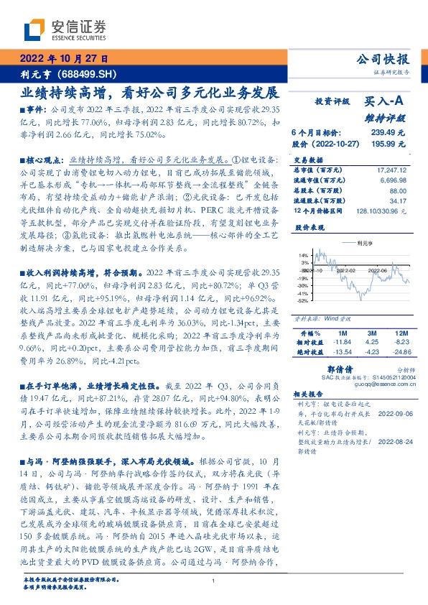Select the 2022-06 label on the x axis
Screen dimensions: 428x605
[378, 271]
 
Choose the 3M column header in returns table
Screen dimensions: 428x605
[371, 333]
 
